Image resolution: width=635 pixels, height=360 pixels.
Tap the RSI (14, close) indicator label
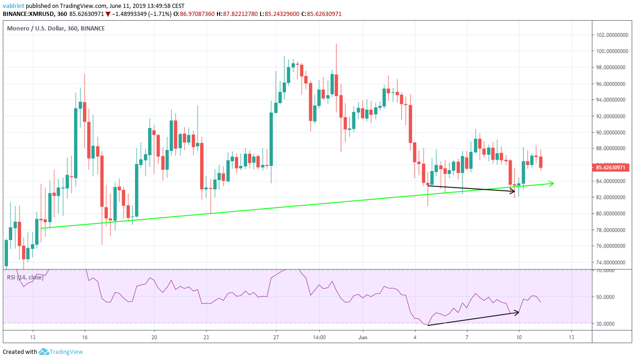25,277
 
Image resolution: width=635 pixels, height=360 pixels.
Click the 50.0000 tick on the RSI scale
605,297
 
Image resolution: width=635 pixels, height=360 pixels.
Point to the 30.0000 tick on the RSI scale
605,324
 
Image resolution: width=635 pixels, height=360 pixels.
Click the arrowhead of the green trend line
552,183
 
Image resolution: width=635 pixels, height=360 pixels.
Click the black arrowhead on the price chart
513,190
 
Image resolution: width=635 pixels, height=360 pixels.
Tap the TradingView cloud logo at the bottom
44,352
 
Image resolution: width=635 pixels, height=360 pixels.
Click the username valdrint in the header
13,6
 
